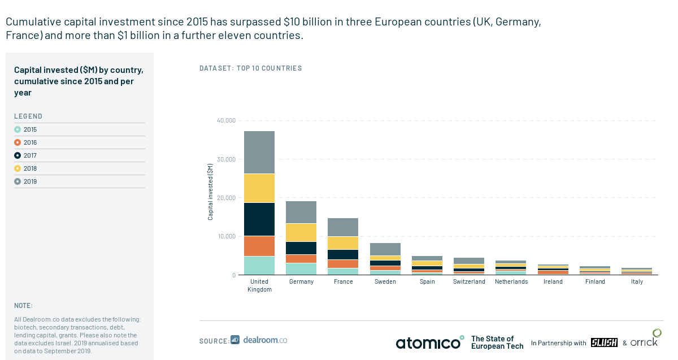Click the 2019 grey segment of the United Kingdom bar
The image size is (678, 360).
coord(259,152)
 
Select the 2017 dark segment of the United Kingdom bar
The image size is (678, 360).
coord(259,219)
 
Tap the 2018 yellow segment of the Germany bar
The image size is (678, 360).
coord(301,232)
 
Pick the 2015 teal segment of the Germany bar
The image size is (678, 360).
coord(301,268)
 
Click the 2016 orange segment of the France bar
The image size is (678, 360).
coord(343,263)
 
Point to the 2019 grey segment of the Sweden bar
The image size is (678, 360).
coord(385,249)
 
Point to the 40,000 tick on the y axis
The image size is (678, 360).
coord(226,120)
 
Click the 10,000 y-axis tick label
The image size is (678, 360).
coord(226,236)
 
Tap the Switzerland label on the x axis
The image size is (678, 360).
coord(469,281)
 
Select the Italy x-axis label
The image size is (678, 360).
coord(637,281)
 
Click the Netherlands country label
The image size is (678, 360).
coord(511,281)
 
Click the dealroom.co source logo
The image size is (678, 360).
coord(259,340)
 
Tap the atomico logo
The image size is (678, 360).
coord(429,342)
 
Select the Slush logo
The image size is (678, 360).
coord(603,342)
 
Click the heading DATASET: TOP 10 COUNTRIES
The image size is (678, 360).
coord(251,68)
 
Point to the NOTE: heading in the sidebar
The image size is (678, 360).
coord(23,305)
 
